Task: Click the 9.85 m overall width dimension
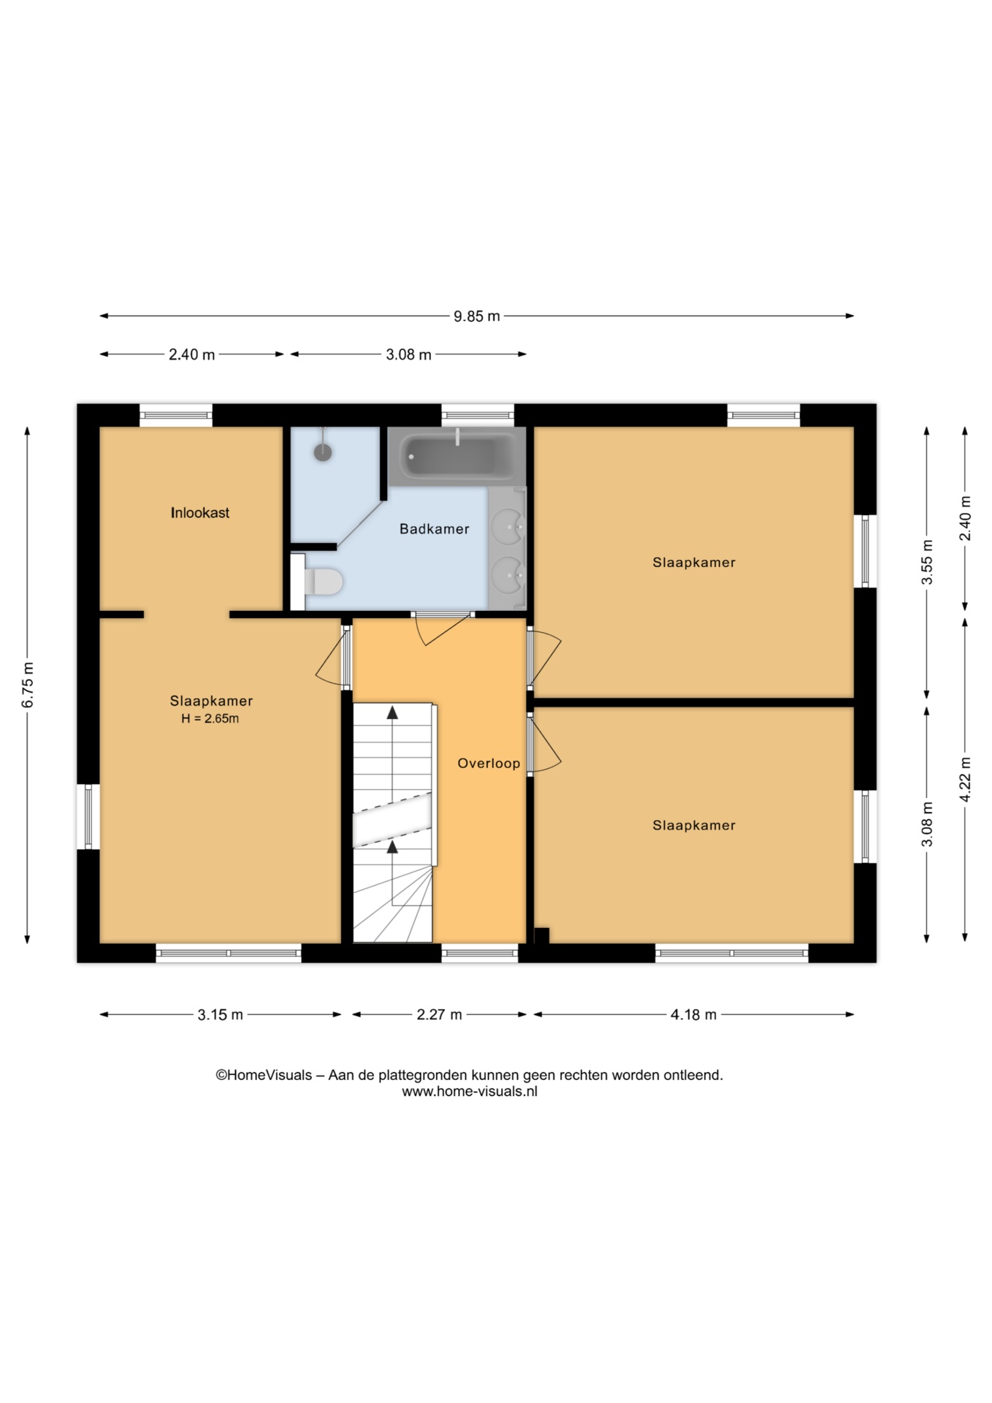477,316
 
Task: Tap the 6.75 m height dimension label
28,685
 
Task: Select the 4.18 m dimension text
693,1014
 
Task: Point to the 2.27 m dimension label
439,1014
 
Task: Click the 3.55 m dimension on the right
927,562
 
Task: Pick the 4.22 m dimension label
965,779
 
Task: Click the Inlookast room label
200,513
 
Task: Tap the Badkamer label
434,529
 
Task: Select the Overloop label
489,764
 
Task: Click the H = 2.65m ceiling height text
210,719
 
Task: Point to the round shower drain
323,452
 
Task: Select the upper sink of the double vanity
506,524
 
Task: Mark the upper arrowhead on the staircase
392,712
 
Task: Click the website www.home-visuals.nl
470,1092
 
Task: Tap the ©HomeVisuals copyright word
264,1075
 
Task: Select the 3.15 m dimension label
220,1014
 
